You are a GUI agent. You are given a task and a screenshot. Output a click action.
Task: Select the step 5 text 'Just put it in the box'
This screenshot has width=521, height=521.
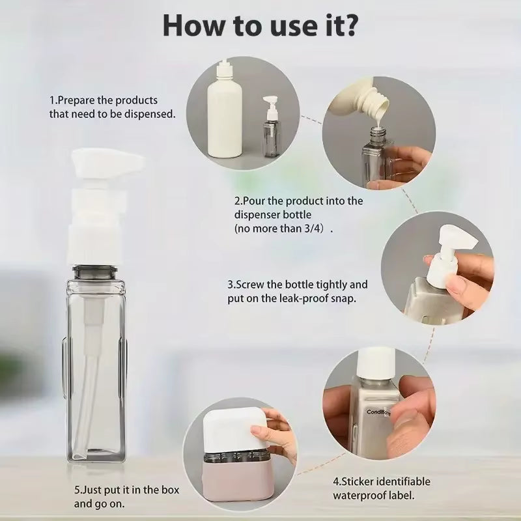tap(127, 490)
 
